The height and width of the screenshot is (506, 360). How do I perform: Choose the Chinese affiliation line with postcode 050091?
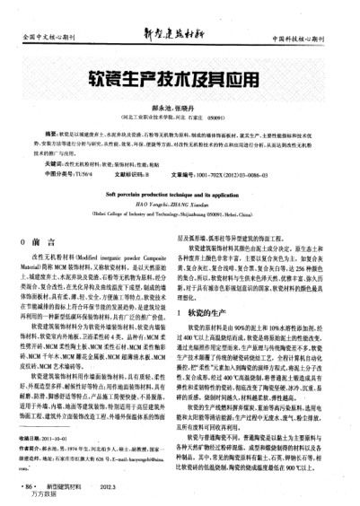180,116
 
